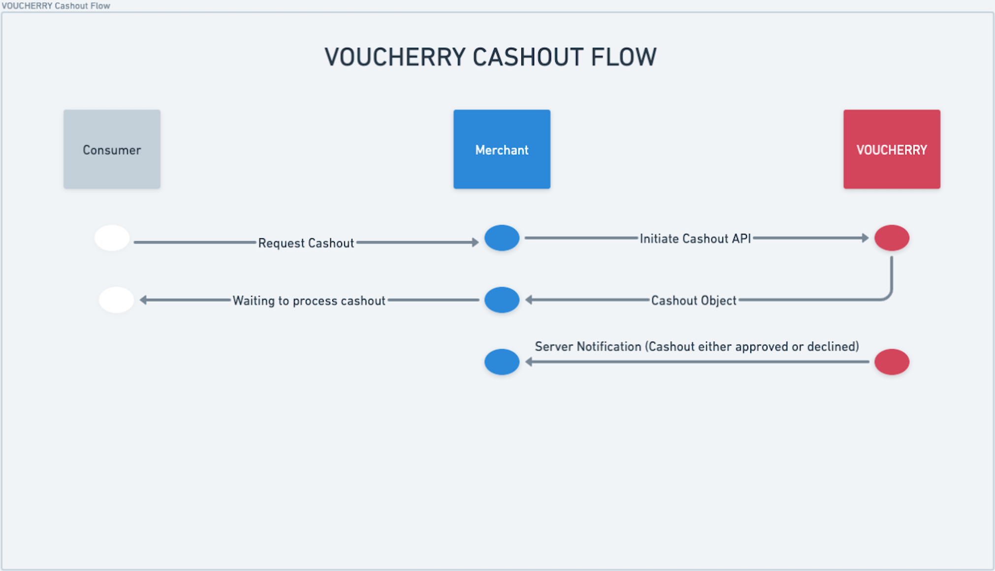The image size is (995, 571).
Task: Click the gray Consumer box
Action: click(112, 149)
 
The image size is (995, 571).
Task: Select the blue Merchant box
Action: click(502, 149)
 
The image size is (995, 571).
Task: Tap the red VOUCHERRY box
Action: click(892, 149)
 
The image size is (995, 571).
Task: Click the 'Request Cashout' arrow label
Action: click(306, 243)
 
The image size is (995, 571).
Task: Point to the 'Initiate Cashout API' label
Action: click(695, 239)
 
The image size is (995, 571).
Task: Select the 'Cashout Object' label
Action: click(693, 300)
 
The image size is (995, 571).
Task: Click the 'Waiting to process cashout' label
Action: click(309, 301)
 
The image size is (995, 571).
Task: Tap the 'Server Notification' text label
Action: click(697, 347)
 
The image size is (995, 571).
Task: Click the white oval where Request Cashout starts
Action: click(112, 238)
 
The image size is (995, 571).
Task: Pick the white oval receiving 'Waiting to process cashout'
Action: click(116, 300)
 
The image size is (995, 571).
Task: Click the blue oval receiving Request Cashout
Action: click(502, 238)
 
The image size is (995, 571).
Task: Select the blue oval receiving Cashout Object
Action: click(502, 300)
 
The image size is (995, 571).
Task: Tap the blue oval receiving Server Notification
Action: click(502, 362)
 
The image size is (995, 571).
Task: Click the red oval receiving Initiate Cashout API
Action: click(892, 238)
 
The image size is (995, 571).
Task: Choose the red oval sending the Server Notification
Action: click(892, 362)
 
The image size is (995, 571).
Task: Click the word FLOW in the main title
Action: click(623, 57)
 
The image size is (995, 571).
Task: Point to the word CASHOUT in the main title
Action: click(526, 57)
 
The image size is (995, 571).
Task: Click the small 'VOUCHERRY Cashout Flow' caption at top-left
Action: click(56, 5)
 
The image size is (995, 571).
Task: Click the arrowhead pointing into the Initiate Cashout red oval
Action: click(866, 238)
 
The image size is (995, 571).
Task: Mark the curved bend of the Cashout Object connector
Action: click(888, 296)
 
